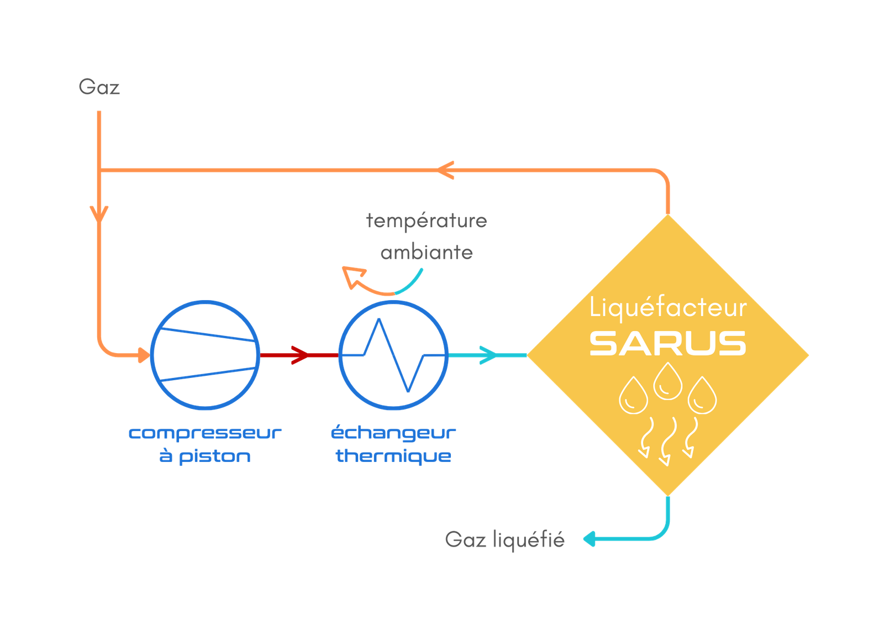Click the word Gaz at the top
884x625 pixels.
pyautogui.click(x=99, y=87)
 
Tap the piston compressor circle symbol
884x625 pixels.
pyautogui.click(x=205, y=355)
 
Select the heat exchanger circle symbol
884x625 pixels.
pyautogui.click(x=393, y=355)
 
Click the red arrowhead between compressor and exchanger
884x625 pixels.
pyautogui.click(x=299, y=355)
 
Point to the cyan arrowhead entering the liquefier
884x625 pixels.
pyautogui.click(x=487, y=355)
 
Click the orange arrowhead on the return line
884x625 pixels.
pyautogui.click(x=446, y=170)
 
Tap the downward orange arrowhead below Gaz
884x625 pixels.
pyautogui.click(x=99, y=213)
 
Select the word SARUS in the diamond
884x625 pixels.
pyautogui.click(x=668, y=344)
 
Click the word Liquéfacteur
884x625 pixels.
pyautogui.click(x=668, y=307)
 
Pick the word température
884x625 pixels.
pyautogui.click(x=427, y=221)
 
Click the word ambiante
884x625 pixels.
pyautogui.click(x=427, y=253)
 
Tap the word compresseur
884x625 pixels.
pyautogui.click(x=205, y=433)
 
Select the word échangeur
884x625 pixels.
pyautogui.click(x=393, y=433)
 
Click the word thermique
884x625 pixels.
pyautogui.click(x=393, y=456)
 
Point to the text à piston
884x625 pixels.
pyautogui.click(x=205, y=456)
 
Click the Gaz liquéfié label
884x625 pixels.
pyautogui.click(x=504, y=539)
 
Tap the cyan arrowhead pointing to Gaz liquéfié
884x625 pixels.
pyautogui.click(x=589, y=539)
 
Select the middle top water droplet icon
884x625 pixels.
pyautogui.click(x=667, y=381)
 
